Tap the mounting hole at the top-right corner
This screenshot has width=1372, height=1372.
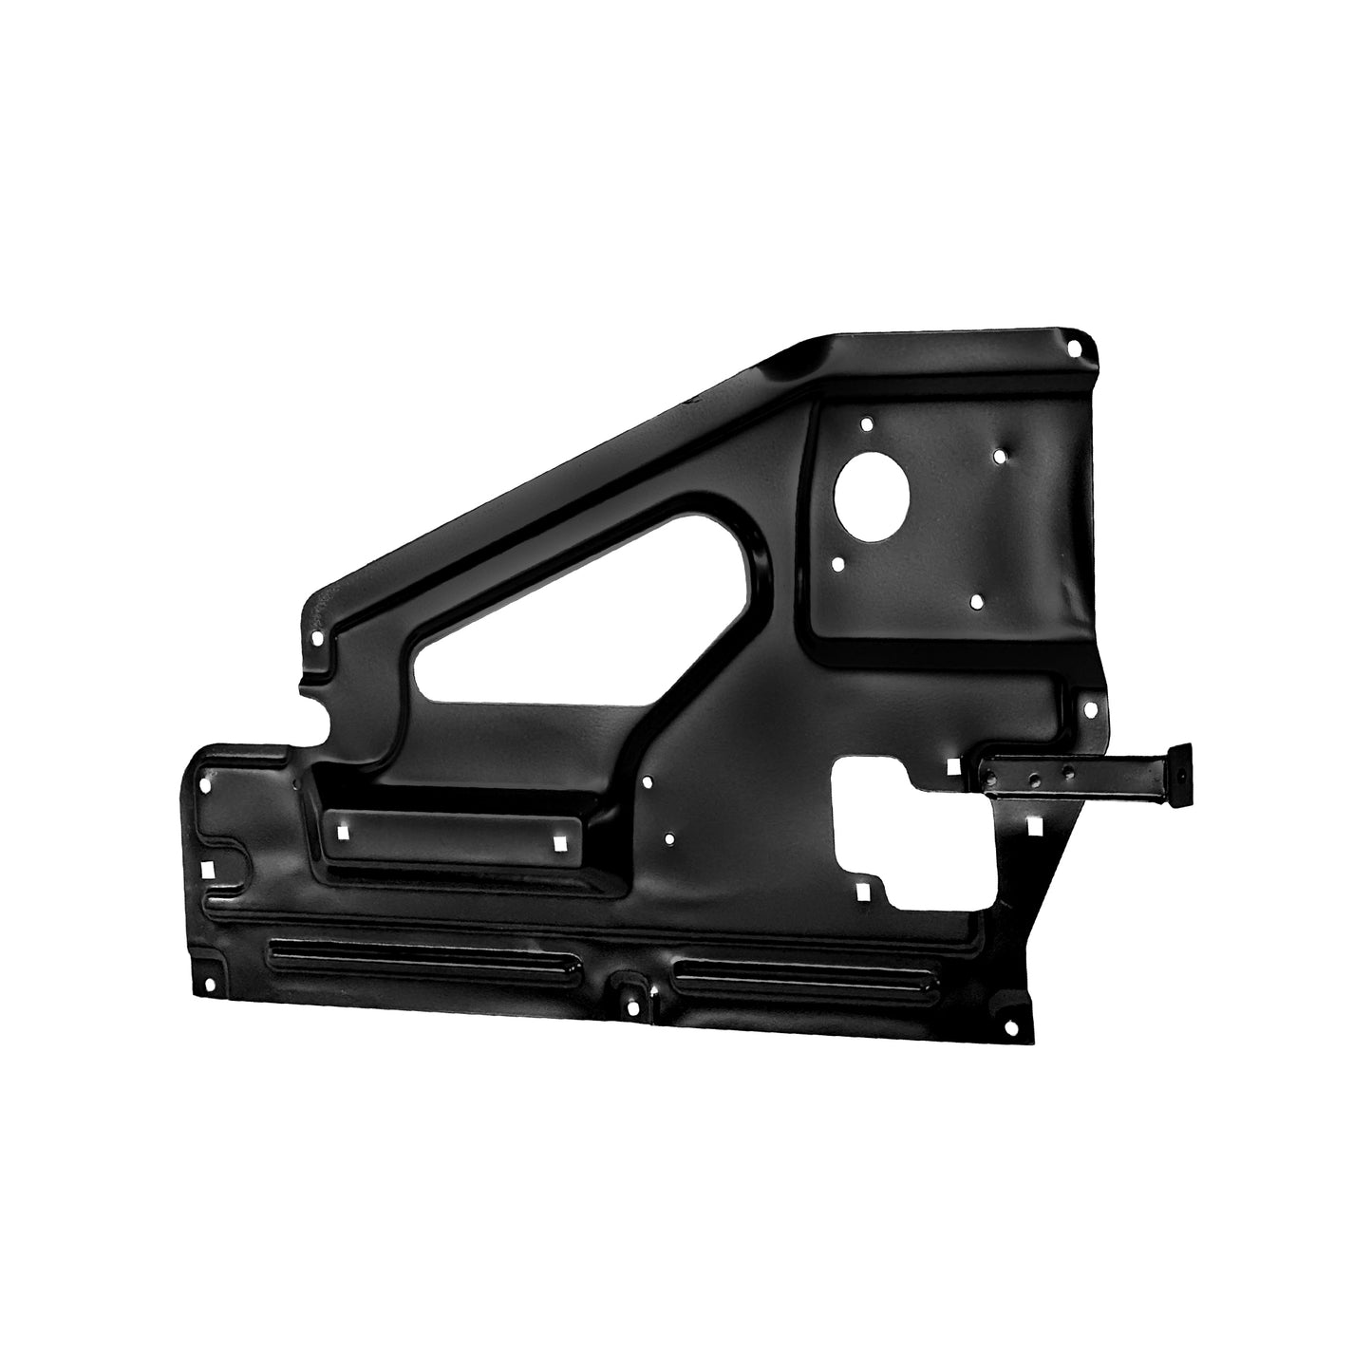pos(1074,348)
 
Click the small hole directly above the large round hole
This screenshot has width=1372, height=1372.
pos(865,424)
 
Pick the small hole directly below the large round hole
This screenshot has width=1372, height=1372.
pos(838,563)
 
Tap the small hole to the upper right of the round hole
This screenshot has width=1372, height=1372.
pos(999,456)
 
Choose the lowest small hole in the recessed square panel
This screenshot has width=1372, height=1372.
pos(976,601)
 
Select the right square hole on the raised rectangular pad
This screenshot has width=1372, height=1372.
pos(559,843)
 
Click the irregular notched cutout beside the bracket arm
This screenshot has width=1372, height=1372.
pos(912,836)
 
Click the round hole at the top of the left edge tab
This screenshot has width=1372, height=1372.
pos(317,639)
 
